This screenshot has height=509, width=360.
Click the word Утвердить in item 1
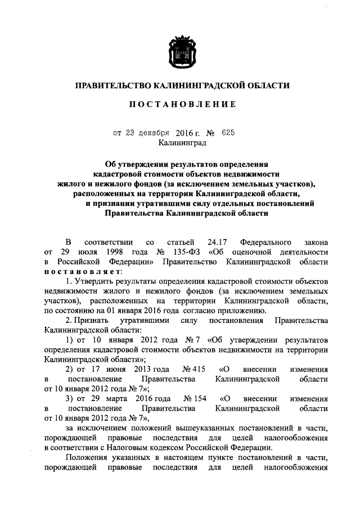coord(93,282)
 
